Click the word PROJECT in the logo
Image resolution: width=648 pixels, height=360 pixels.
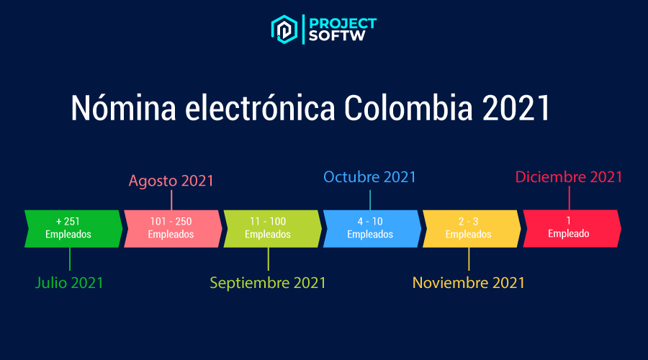[342, 22]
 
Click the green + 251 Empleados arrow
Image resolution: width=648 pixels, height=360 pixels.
[73, 228]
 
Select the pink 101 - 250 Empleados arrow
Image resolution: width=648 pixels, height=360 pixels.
[171, 228]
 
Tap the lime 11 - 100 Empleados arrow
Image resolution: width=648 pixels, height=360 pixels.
[271, 228]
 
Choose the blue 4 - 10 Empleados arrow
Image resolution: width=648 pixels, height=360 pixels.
[370, 228]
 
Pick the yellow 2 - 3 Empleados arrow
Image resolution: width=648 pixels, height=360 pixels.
[469, 228]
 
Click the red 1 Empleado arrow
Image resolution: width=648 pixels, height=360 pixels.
[570, 228]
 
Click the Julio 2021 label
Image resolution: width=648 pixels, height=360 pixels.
[69, 283]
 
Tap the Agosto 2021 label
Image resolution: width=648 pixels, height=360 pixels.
[171, 181]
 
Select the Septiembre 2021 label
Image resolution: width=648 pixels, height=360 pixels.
[268, 283]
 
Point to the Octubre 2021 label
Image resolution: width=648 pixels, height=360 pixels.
[370, 177]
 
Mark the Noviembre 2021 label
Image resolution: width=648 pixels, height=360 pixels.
[469, 283]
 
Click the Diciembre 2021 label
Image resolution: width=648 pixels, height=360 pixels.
[569, 177]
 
